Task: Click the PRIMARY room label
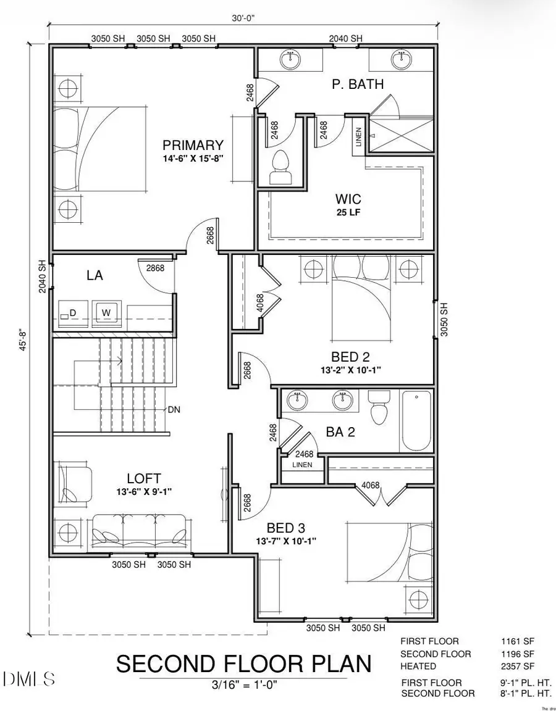pos(193,145)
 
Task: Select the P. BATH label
pos(358,85)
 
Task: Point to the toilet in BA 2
pos(377,408)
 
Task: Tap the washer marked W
pos(106,313)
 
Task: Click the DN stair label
pos(174,409)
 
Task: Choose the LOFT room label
pos(144,478)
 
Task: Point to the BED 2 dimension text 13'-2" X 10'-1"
pos(348,370)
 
